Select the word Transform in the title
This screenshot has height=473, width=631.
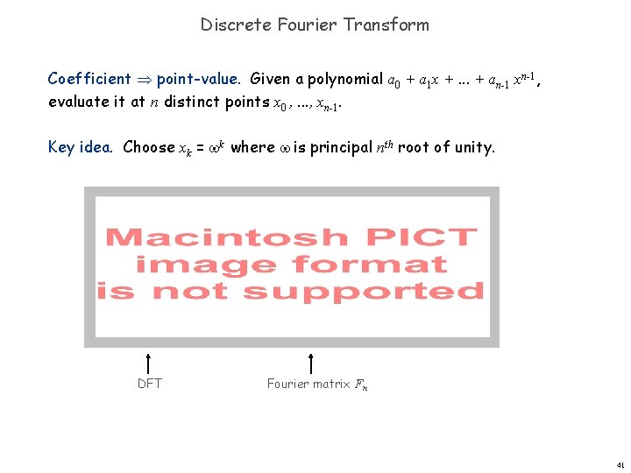[386, 25]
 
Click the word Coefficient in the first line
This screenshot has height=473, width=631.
[89, 79]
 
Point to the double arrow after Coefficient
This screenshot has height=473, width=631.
[144, 79]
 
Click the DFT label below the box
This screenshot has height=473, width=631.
[150, 384]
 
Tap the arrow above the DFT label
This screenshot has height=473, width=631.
[150, 363]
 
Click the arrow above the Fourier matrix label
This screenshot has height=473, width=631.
[311, 363]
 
